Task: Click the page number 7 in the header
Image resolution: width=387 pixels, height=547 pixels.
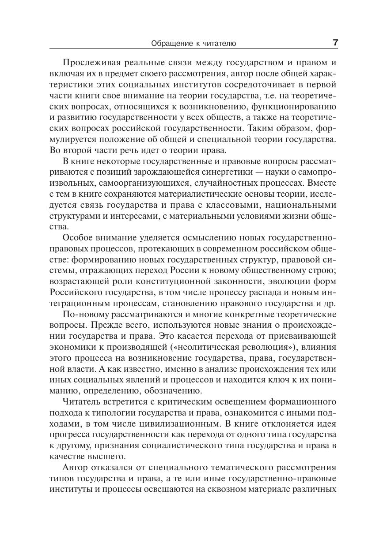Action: coord(335,43)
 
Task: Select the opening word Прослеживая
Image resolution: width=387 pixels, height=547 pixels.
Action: coord(90,62)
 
